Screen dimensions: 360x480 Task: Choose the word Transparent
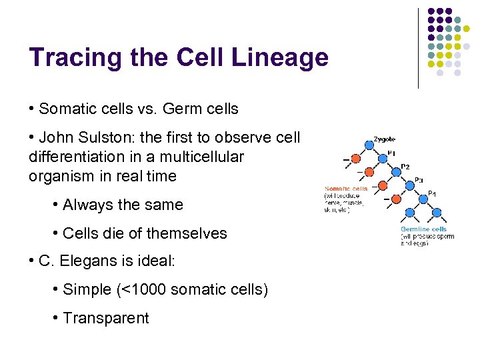click(105, 318)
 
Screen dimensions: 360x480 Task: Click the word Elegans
click(88, 261)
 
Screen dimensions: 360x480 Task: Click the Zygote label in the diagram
click(384, 139)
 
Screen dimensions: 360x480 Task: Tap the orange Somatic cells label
click(345, 189)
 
